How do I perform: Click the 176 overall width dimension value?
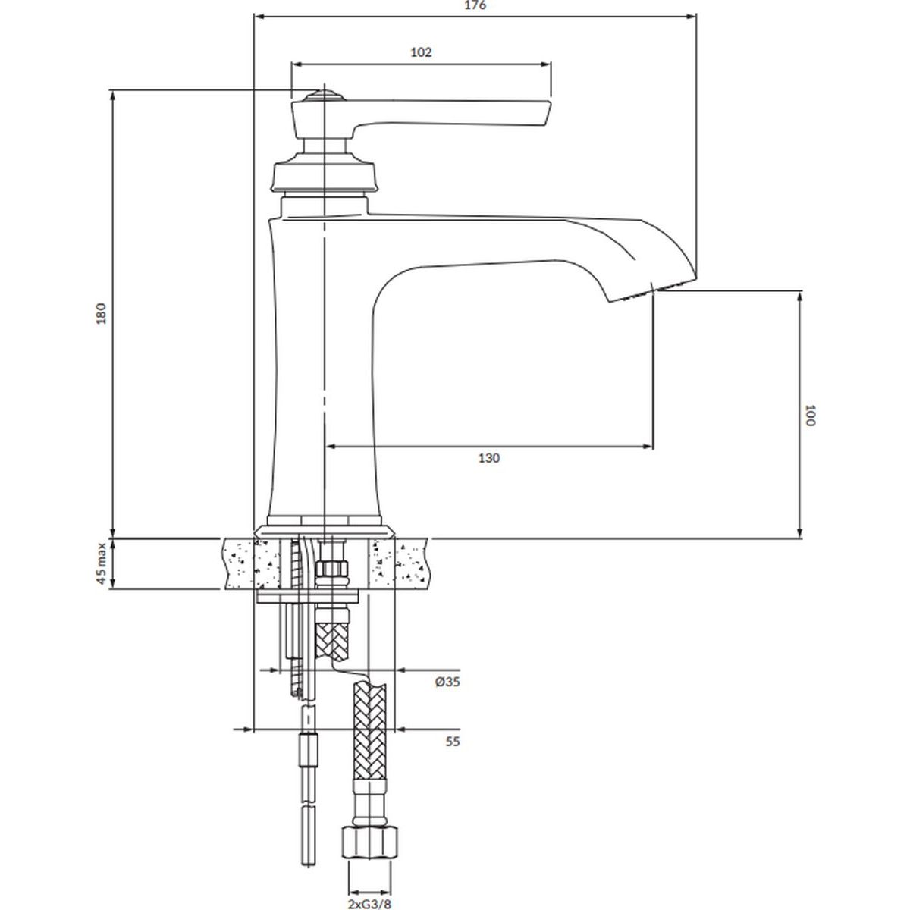coord(475,5)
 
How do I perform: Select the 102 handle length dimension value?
coord(421,52)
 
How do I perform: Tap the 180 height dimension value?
coord(102,313)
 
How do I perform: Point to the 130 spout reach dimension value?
coord(489,457)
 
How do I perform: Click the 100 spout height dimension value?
coord(809,415)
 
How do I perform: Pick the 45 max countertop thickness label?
coord(102,563)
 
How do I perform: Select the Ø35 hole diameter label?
coord(447,682)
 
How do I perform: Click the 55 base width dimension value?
coord(452,741)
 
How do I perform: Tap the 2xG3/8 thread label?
coord(370,904)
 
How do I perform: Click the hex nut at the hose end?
coord(369,841)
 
